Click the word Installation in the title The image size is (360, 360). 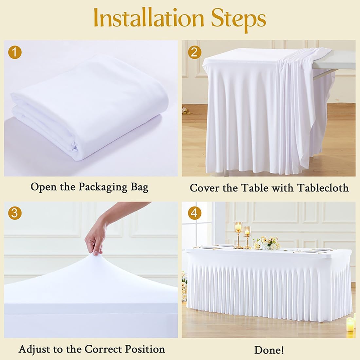[149, 18]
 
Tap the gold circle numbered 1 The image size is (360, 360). [15, 52]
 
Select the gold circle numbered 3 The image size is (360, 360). [15, 213]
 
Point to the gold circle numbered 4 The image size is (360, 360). [194, 213]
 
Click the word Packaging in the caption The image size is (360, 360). [103, 187]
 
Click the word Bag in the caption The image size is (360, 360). [140, 187]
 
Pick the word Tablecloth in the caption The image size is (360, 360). [323, 188]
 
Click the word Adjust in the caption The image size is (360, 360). [34, 350]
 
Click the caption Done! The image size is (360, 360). [269, 350]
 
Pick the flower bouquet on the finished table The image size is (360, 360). [267, 243]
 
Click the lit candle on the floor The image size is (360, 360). [350, 324]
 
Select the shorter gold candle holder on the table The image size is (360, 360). [247, 237]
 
